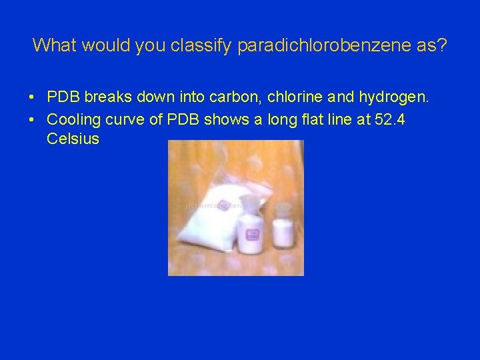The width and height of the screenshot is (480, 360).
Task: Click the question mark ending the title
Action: [x=443, y=45]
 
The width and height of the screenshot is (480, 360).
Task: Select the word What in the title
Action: [x=55, y=45]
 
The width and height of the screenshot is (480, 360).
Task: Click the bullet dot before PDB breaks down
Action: [x=32, y=98]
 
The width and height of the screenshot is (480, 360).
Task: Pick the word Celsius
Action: [x=73, y=139]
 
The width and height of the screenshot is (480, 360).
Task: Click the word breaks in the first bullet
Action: [x=107, y=97]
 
